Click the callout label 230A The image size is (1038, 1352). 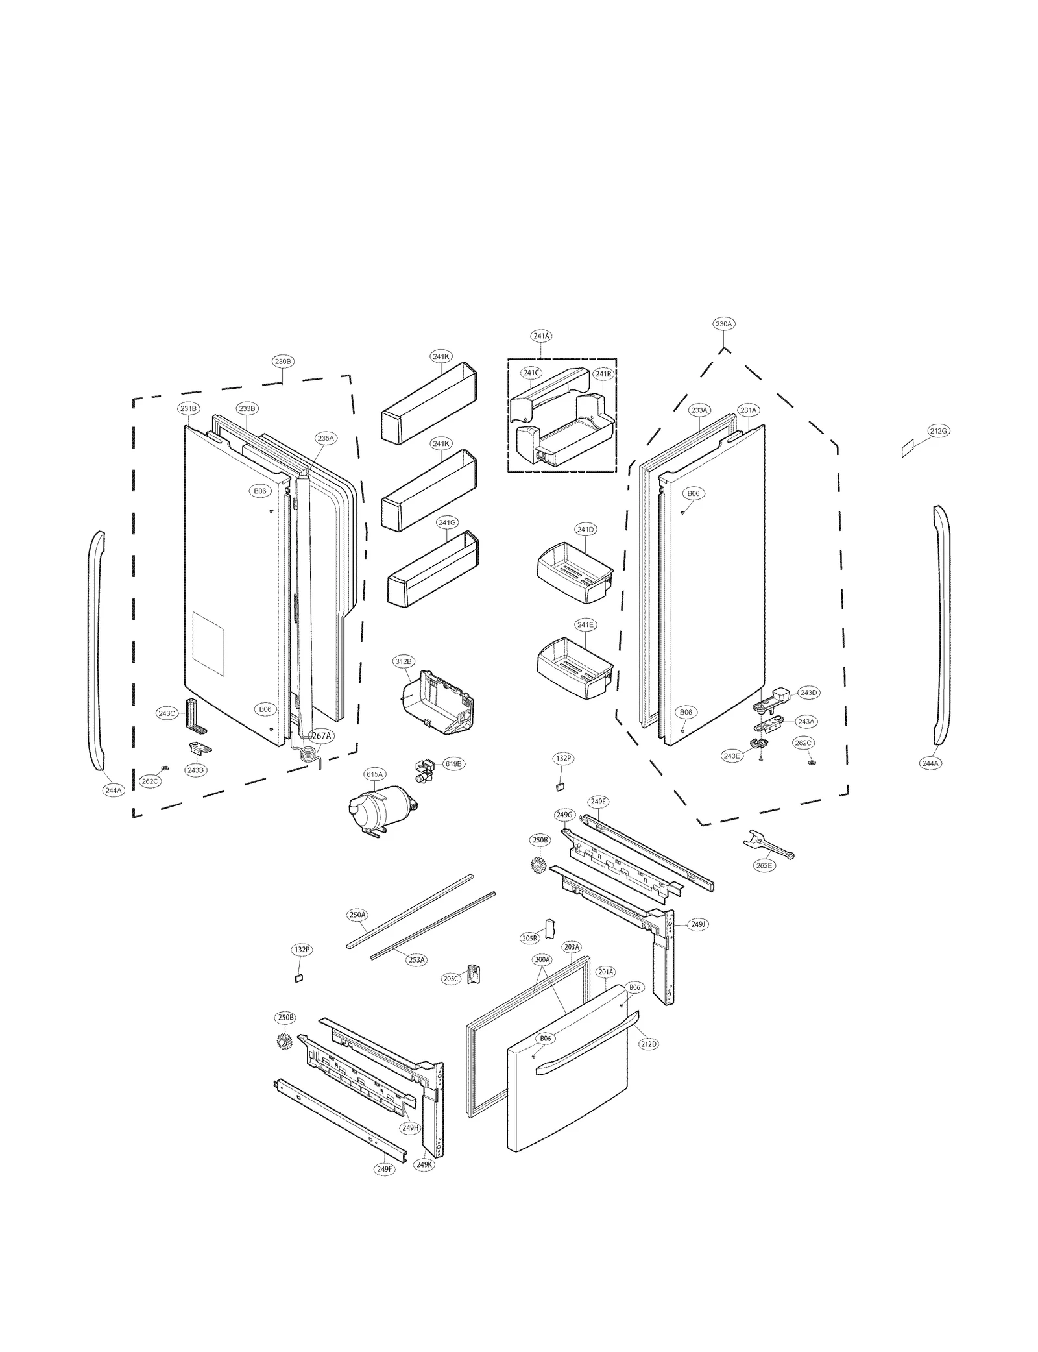[723, 323]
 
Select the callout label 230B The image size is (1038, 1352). [283, 362]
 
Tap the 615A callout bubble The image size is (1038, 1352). [374, 774]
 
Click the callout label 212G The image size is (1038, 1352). [938, 431]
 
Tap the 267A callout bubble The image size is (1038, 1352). [321, 736]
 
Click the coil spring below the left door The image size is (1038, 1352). [310, 754]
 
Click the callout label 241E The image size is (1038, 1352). [585, 624]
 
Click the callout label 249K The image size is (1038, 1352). [424, 1164]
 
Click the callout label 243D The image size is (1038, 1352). [808, 693]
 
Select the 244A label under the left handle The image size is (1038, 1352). [113, 791]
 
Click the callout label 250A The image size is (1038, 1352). [357, 915]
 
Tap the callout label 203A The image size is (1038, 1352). [572, 947]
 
